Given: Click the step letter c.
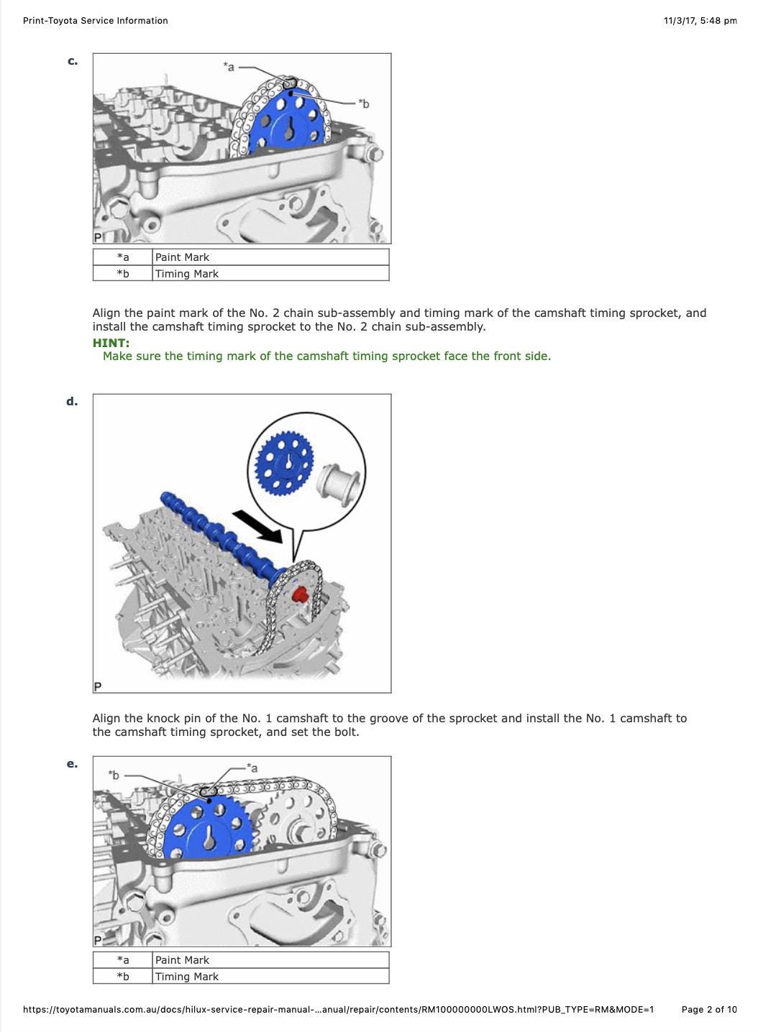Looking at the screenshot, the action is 73,61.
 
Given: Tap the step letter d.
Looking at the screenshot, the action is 72,401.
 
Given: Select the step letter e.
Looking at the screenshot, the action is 72,763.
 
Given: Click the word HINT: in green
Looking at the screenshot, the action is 111,343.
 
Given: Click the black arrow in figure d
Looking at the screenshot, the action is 257,527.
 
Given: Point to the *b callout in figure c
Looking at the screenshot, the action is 364,104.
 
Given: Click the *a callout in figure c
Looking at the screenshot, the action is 229,68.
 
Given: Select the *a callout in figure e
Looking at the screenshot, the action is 252,768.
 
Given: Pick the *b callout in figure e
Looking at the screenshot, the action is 114,775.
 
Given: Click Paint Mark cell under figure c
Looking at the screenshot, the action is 270,257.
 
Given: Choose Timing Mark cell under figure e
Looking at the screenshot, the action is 270,976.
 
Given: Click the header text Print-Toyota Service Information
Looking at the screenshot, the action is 96,21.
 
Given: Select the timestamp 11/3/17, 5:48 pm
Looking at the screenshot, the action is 700,21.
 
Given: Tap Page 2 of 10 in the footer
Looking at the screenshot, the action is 709,1010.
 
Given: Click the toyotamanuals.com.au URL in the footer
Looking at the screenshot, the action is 339,1010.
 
